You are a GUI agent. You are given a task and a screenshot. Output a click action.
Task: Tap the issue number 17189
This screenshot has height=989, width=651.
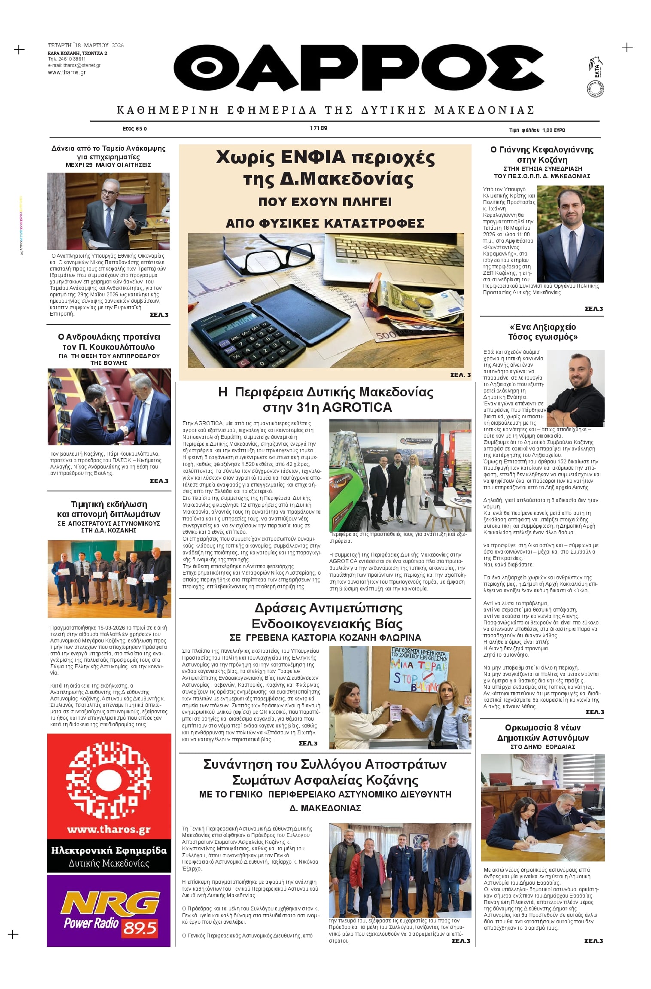(319, 128)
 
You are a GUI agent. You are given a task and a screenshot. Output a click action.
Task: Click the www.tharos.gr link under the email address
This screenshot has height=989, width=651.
(67, 73)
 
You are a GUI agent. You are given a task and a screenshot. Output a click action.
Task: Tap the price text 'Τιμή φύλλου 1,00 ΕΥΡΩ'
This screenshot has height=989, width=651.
(537, 130)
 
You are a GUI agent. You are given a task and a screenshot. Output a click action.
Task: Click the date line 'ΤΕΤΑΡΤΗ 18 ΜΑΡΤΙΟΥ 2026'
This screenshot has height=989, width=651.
(86, 46)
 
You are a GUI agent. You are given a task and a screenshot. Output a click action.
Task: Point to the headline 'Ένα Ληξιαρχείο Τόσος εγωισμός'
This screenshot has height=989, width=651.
(542, 332)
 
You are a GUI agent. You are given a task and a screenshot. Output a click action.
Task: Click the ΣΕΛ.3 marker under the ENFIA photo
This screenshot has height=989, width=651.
(460, 375)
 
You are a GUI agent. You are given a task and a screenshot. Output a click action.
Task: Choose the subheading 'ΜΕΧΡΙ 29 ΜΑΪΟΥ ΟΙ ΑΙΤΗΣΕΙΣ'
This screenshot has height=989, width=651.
(108, 165)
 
